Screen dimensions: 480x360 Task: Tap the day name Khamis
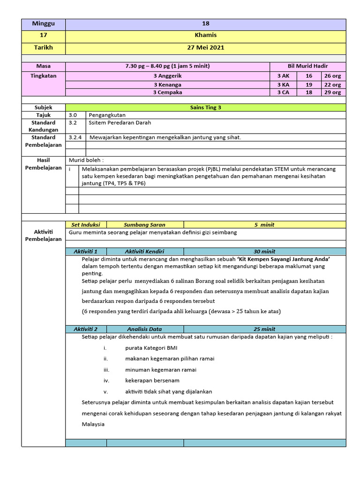click(205, 36)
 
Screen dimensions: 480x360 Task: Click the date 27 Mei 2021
click(205, 48)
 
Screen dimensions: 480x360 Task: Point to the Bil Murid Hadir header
click(307, 66)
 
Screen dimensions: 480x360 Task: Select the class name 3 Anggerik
click(167, 75)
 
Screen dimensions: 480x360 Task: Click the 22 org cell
click(333, 85)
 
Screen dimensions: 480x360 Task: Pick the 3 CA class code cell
click(283, 93)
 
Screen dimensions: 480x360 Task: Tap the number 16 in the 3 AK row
click(309, 75)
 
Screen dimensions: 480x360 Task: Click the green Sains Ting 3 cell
click(205, 107)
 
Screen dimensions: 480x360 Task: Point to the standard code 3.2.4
click(75, 137)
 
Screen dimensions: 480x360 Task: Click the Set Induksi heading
click(86, 225)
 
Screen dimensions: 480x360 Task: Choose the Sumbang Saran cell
click(144, 225)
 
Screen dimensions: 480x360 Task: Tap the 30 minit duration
click(264, 252)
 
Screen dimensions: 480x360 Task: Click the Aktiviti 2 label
click(86, 329)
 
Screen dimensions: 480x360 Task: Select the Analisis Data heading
click(144, 329)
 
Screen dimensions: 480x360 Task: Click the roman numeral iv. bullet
click(106, 381)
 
